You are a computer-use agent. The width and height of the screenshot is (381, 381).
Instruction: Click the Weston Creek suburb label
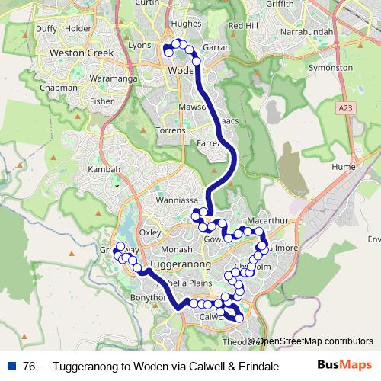click(x=80, y=53)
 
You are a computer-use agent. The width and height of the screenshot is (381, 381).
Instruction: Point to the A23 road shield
click(x=347, y=110)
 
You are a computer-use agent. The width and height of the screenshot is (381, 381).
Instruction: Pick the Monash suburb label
click(x=177, y=248)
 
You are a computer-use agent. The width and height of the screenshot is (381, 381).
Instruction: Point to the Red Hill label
click(x=243, y=25)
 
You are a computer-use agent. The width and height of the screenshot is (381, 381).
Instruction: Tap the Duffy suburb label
click(x=46, y=29)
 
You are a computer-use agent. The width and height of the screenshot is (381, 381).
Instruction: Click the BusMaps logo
click(x=344, y=364)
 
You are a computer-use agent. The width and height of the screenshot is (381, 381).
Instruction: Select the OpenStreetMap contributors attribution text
click(x=315, y=341)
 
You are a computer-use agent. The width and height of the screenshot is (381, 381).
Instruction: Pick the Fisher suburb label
click(x=101, y=100)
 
